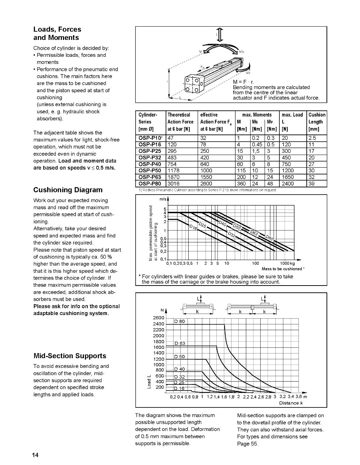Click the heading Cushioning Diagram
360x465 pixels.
tap(68, 190)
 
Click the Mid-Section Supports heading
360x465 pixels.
tap(69, 356)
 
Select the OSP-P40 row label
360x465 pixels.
tap(150, 164)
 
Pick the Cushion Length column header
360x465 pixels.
tap(317, 122)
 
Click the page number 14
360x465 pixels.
tap(35, 455)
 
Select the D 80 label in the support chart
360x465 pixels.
tap(179, 322)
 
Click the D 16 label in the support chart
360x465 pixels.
tap(179, 388)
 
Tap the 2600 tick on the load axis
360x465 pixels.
tap(158, 318)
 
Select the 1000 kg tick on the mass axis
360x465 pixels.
tap(287, 263)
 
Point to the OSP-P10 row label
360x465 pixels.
tap(150, 138)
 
